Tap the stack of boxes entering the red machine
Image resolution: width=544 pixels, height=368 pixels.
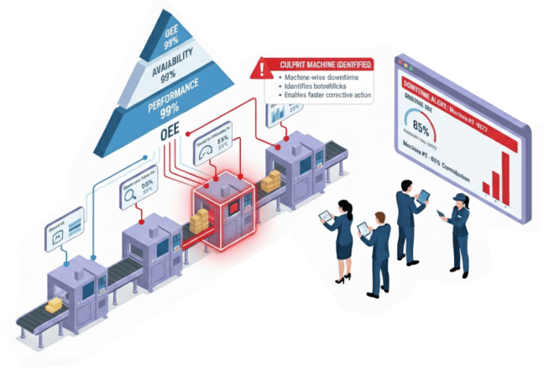(x=200, y=222)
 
